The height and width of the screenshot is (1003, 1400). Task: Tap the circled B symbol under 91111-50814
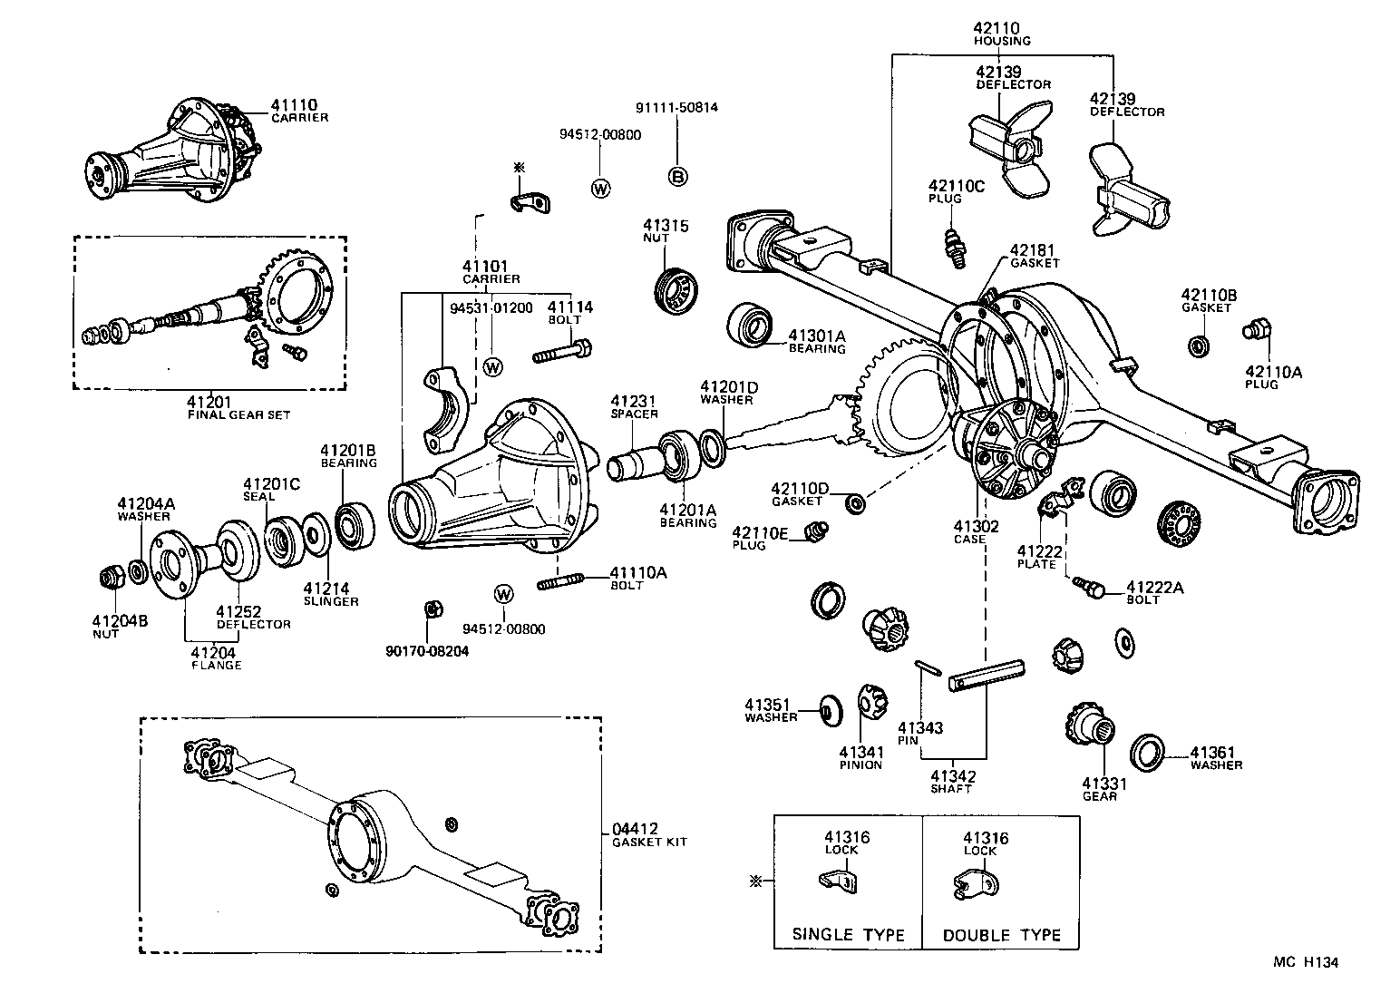point(677,177)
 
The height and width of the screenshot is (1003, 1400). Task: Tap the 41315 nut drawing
point(675,292)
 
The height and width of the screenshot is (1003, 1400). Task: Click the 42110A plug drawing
point(1258,329)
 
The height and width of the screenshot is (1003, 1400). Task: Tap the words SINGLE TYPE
point(848,934)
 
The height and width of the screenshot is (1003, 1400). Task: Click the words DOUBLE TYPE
point(1001,934)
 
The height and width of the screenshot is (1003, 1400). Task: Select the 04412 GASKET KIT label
point(649,834)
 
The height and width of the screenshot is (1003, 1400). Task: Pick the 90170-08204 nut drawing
point(433,609)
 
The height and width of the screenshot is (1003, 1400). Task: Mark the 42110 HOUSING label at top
point(1001,34)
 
